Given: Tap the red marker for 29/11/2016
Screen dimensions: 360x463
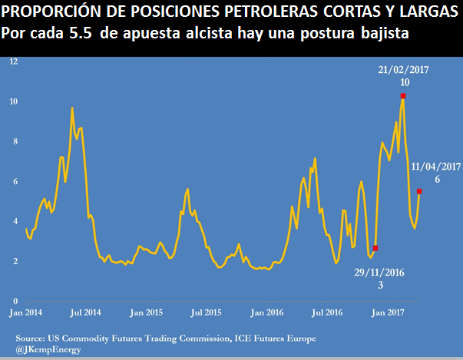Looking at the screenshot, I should point(375,248).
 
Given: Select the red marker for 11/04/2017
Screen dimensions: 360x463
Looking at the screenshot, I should point(419,191).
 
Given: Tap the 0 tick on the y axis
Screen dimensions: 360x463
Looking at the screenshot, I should point(15,300).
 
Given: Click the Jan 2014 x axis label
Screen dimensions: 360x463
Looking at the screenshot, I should point(27,312).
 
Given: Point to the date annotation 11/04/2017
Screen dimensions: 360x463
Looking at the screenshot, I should point(435,166).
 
